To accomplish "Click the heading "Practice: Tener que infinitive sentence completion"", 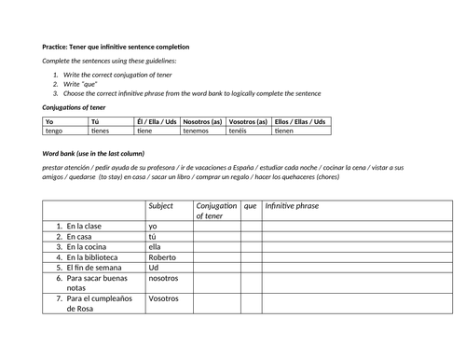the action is pyautogui.click(x=116, y=46).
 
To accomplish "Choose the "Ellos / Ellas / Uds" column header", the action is pyautogui.click(x=301, y=121).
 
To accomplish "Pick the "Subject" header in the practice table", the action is pyautogui.click(x=160, y=205).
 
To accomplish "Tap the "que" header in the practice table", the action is pyautogui.click(x=250, y=205).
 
